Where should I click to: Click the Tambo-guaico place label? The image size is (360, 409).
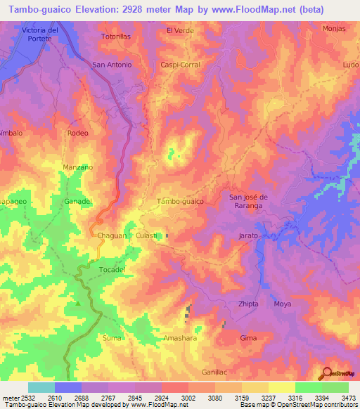pos(181,201)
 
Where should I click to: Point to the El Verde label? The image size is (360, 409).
pos(179,30)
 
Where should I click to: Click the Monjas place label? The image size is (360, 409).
pos(334,28)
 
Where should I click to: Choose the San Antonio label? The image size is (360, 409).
pos(112,65)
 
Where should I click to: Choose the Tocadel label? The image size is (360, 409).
pos(112,270)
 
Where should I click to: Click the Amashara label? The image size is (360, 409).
pos(180,338)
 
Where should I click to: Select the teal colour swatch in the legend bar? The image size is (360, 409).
pos(41,387)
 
